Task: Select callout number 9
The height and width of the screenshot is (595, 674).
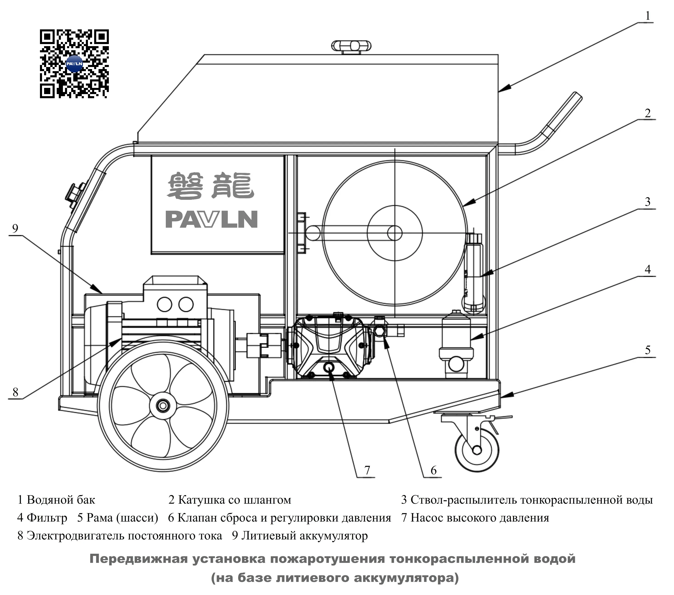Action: tap(15, 229)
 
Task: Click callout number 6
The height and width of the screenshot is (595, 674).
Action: tap(434, 470)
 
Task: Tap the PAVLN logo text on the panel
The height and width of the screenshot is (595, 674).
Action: tap(211, 219)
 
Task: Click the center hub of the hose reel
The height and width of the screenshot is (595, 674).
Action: tap(395, 233)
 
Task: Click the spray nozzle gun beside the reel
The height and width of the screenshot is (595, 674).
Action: tap(474, 272)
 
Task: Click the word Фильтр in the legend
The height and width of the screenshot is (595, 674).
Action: tap(47, 518)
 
